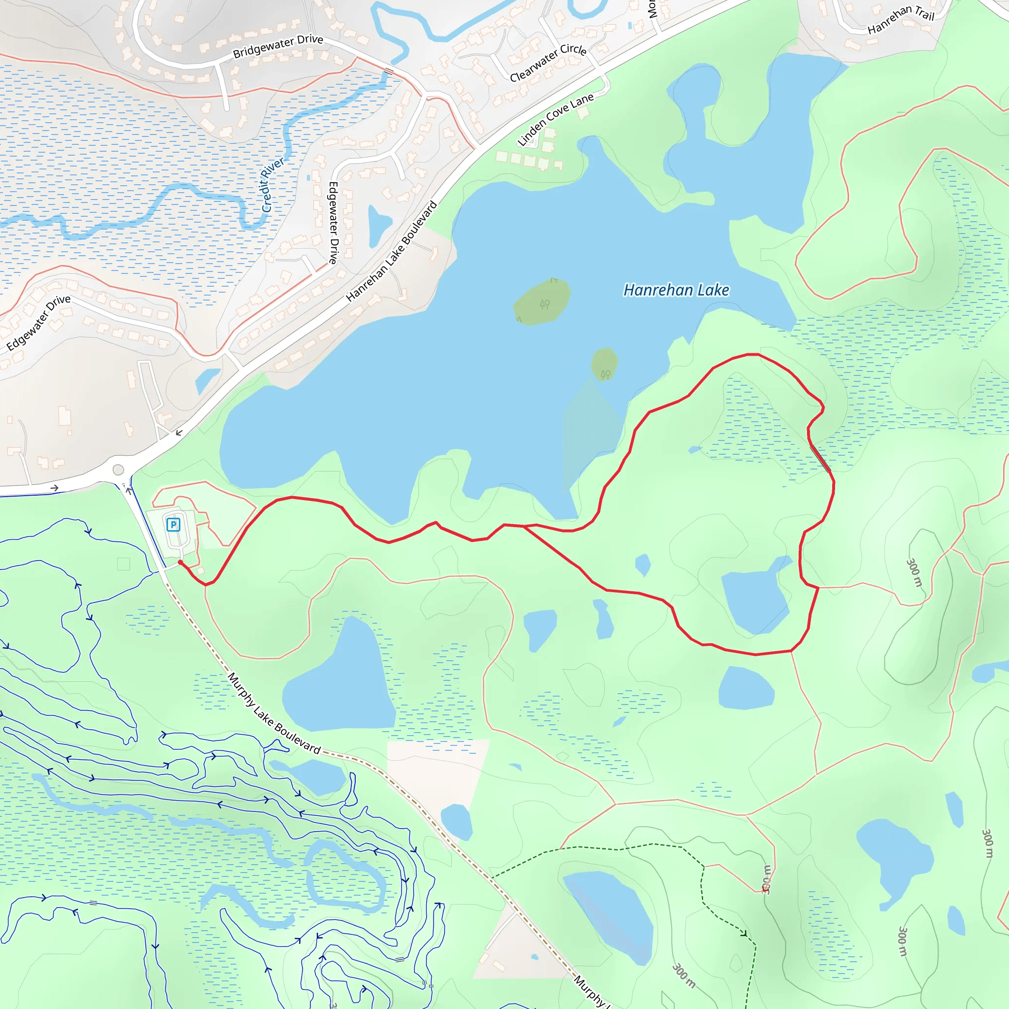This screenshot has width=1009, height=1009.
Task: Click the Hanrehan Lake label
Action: click(x=676, y=290)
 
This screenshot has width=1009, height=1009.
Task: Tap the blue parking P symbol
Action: click(x=173, y=524)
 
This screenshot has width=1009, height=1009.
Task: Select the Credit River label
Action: click(x=272, y=184)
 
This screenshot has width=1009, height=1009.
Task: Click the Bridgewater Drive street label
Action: click(x=278, y=46)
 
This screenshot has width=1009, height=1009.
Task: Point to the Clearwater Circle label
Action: click(x=548, y=62)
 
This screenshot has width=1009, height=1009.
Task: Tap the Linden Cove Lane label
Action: click(x=555, y=120)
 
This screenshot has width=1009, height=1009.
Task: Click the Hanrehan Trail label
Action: click(x=901, y=19)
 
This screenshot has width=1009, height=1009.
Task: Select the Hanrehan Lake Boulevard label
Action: click(x=391, y=251)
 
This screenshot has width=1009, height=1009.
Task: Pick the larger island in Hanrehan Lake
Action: click(x=541, y=302)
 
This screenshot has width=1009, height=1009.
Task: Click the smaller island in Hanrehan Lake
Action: click(x=604, y=364)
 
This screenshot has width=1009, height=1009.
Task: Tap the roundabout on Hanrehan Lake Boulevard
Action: click(x=119, y=470)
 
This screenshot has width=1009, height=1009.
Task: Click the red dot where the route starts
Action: click(x=180, y=562)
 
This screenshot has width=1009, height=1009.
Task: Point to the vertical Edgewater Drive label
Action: click(x=333, y=223)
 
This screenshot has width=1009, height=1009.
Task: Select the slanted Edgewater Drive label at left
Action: click(x=38, y=322)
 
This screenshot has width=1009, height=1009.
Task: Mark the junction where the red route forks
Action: click(x=524, y=527)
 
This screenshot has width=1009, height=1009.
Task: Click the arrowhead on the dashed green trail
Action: click(x=743, y=933)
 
